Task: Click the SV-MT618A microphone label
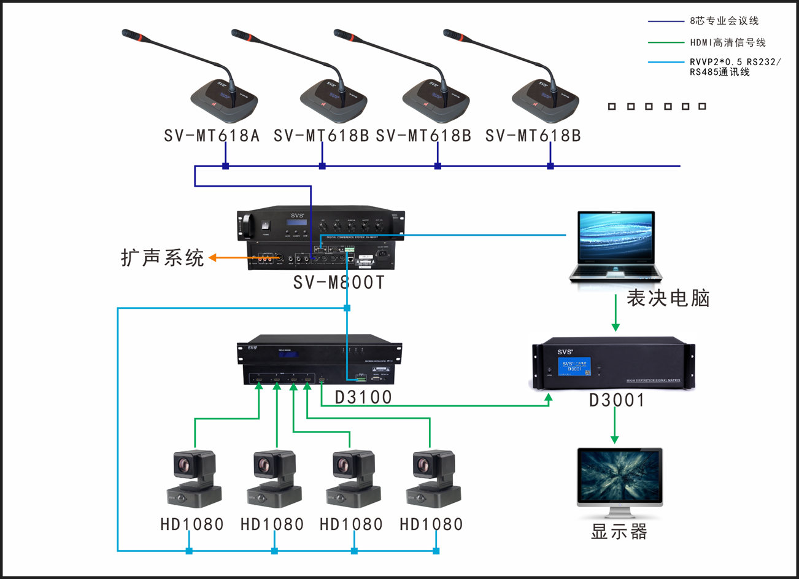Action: click(x=212, y=135)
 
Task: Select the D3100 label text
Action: click(x=363, y=397)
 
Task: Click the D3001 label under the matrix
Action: click(x=617, y=400)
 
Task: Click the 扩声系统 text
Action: click(x=162, y=257)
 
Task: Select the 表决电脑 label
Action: click(x=668, y=298)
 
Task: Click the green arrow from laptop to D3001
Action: click(x=616, y=313)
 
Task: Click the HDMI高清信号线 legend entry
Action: click(x=728, y=42)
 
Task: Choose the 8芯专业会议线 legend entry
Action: click(x=724, y=21)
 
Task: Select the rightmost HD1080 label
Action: click(x=431, y=524)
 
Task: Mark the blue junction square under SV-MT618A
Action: click(x=225, y=166)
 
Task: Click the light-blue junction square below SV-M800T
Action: click(x=347, y=308)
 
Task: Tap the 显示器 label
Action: click(x=619, y=532)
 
